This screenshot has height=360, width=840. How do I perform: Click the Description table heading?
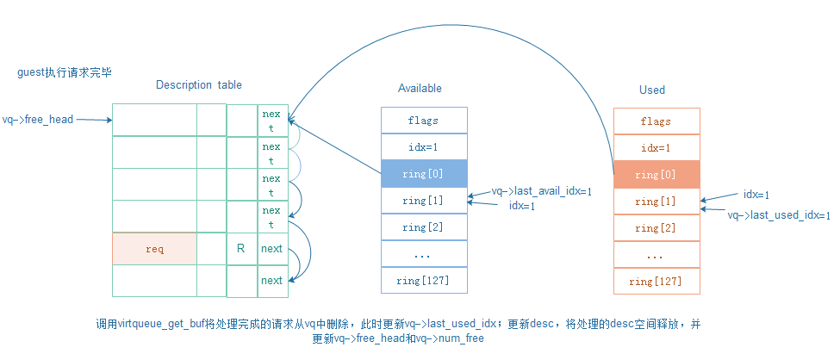[199, 85]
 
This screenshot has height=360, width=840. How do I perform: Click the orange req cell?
[154, 249]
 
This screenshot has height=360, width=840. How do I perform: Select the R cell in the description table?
[241, 249]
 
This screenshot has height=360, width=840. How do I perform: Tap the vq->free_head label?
[38, 120]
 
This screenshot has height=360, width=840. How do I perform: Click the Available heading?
[420, 89]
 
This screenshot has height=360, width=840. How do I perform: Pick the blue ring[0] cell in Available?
[423, 174]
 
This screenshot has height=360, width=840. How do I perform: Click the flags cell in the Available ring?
[423, 121]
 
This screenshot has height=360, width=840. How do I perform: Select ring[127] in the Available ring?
[423, 280]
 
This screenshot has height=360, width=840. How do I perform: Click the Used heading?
[652, 90]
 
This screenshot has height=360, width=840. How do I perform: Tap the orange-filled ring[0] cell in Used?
[656, 175]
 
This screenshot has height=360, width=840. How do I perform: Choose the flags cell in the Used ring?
[656, 121]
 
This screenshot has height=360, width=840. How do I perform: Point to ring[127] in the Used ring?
[656, 281]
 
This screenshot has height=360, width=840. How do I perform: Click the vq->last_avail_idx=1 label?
[542, 191]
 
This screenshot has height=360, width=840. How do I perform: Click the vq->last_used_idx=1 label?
[779, 215]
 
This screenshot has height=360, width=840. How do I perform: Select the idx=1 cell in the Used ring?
[656, 148]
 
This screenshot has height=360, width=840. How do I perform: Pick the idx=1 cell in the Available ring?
[423, 147]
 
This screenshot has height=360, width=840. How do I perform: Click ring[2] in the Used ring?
[656, 228]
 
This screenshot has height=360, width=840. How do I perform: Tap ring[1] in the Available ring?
[423, 201]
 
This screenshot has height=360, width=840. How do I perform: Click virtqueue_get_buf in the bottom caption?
[161, 325]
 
